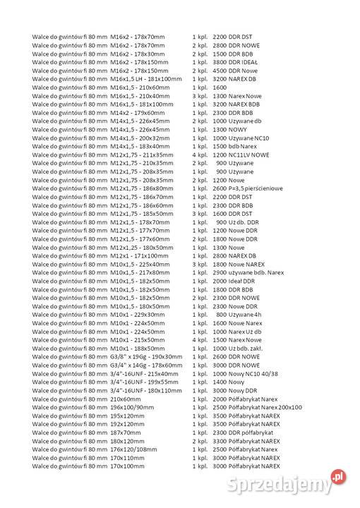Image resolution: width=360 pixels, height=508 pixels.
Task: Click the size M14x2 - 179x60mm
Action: click(138, 112)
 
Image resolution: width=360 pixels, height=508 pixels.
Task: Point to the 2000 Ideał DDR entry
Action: click(234, 281)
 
